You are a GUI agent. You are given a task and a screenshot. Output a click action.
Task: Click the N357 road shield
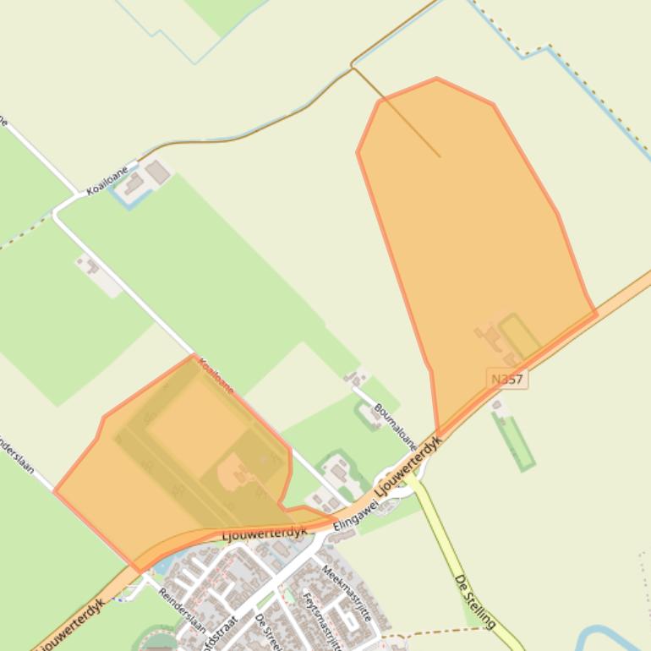[507, 380]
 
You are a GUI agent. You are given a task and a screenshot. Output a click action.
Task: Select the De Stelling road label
[474, 601]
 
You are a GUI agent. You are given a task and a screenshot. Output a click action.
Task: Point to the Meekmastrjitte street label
[347, 593]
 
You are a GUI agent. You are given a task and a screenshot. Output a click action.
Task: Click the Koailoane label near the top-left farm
[107, 180]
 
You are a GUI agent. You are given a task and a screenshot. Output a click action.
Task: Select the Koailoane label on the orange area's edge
[216, 375]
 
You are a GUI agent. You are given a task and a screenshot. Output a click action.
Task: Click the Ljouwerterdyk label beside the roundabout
[409, 465]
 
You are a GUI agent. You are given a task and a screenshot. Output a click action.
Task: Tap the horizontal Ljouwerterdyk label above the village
[264, 534]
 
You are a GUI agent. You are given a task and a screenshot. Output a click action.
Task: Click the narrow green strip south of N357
[514, 441]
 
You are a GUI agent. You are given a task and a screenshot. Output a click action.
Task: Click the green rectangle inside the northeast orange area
[519, 336]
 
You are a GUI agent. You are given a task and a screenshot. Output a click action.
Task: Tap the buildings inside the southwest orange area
[239, 472]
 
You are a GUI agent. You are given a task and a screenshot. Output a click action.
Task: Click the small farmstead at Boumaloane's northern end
[356, 377]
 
